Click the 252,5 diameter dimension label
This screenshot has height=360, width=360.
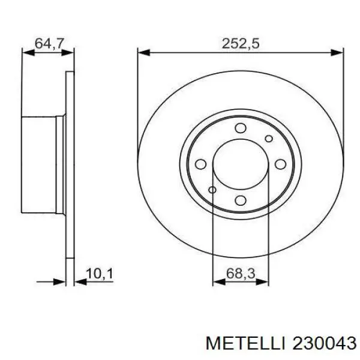[240, 43]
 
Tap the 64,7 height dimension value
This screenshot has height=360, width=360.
[49, 43]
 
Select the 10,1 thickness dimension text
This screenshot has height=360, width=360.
[100, 274]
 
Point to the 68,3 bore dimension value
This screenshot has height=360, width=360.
[241, 274]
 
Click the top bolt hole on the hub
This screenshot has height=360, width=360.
[241, 128]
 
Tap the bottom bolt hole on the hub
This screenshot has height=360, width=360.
[241, 200]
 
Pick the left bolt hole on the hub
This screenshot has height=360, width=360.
[202, 163]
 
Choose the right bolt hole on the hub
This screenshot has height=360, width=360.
[280, 163]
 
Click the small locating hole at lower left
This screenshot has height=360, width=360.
[212, 190]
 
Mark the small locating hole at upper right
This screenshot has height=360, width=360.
[269, 137]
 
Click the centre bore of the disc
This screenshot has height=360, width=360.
[241, 164]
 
